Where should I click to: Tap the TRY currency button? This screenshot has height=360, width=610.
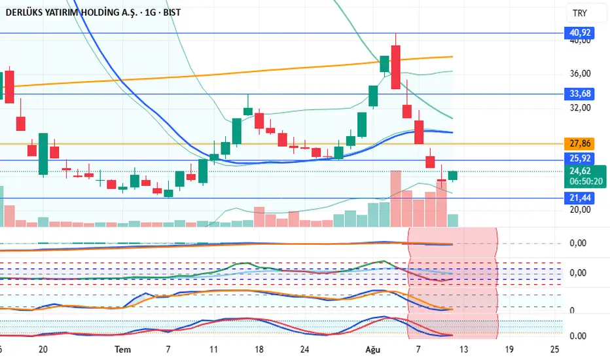click(x=579, y=13)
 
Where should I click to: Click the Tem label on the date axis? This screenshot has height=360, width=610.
click(x=122, y=350)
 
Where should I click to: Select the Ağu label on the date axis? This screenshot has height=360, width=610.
click(x=372, y=350)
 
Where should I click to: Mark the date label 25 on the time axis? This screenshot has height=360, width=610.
click(x=555, y=350)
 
